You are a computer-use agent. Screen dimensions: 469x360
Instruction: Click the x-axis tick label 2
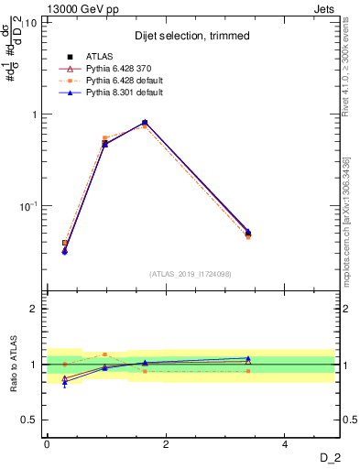click(x=166, y=444)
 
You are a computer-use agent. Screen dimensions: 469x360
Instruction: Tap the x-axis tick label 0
click(x=47, y=444)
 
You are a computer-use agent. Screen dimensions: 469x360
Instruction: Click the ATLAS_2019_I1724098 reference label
click(x=191, y=274)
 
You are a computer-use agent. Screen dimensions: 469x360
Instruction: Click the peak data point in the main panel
click(x=145, y=122)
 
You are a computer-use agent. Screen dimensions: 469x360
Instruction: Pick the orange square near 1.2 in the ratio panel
click(x=105, y=354)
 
